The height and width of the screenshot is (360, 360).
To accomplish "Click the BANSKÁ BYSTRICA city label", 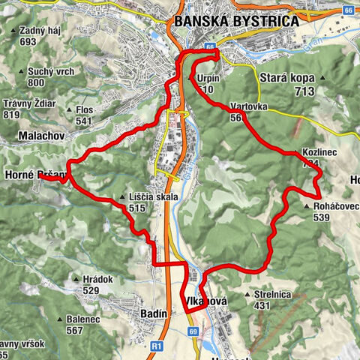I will (x=236, y=21).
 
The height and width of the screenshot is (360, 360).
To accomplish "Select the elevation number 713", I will (x=304, y=91).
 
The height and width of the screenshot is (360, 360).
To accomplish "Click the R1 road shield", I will (x=156, y=346).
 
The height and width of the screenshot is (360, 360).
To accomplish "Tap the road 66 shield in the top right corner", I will (x=348, y=10).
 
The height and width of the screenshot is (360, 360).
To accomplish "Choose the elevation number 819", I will (x=11, y=115).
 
